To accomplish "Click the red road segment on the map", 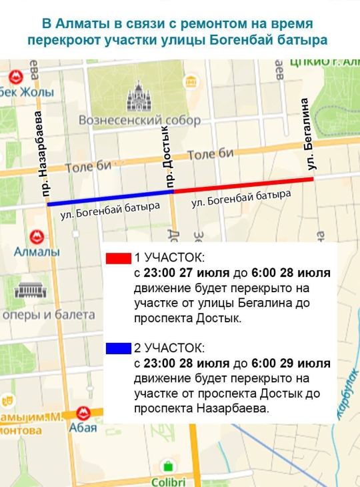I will click(x=243, y=184).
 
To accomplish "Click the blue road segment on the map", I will click(x=110, y=198).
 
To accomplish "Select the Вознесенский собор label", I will click(x=139, y=121).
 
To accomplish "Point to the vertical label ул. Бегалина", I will click(x=308, y=134).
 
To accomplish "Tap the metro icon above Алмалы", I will click(x=37, y=236).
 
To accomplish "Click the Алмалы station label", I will click(x=37, y=252).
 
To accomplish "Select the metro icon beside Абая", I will click(x=83, y=413).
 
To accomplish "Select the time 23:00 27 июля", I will click(x=181, y=273).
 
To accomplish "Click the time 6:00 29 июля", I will click(x=291, y=364).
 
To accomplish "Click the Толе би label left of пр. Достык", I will click(x=89, y=167).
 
